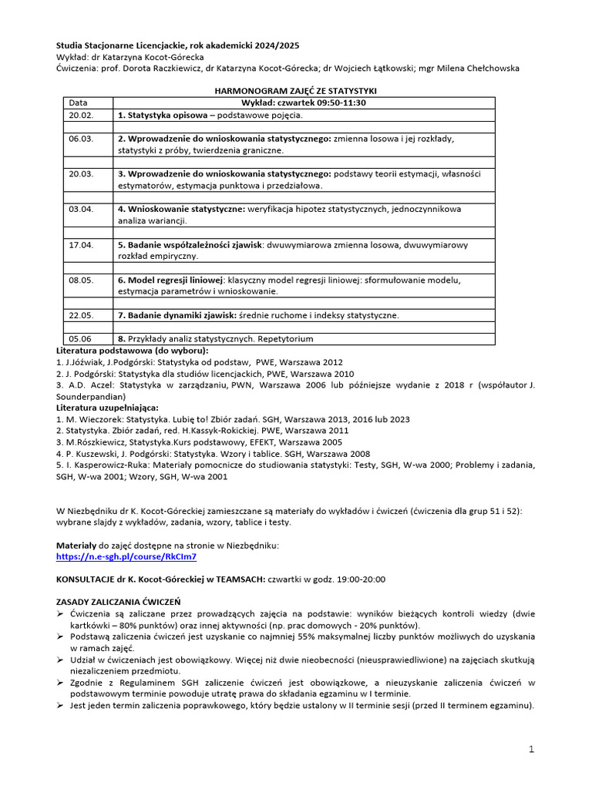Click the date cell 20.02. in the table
pos(80,115)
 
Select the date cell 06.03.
pos(80,139)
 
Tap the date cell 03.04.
pos(80,209)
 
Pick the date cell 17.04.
pos(80,245)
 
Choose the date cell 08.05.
pos(80,280)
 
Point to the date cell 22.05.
pos(80,315)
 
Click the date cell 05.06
pos(80,338)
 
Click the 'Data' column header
pos(79,102)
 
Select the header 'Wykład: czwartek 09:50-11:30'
pos(303,102)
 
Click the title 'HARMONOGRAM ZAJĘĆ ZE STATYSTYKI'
pos(294,91)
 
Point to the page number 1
pos(531,749)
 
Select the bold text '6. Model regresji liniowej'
pos(170,280)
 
